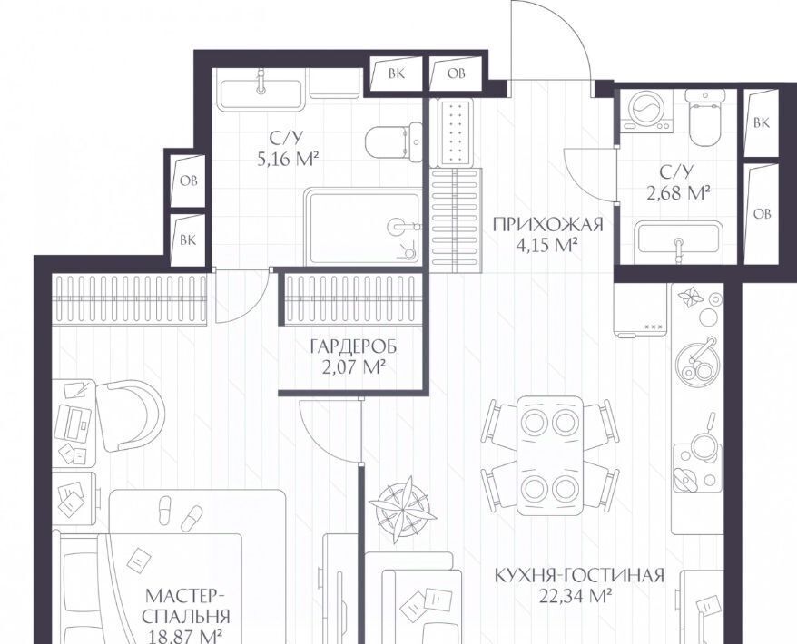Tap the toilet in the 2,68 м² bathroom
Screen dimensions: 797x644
pyautogui.click(x=705, y=116)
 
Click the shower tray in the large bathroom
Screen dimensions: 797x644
pyautogui.click(x=362, y=226)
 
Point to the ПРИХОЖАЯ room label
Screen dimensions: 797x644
pyautogui.click(x=548, y=224)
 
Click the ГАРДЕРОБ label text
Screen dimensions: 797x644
pyautogui.click(x=353, y=346)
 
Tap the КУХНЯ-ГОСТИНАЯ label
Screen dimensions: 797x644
pyautogui.click(x=579, y=575)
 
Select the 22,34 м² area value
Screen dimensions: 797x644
pyautogui.click(x=575, y=595)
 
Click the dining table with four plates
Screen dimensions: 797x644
pyautogui.click(x=549, y=455)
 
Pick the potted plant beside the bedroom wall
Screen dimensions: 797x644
pyautogui.click(x=402, y=503)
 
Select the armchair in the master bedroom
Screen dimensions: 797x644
pyautogui.click(x=130, y=415)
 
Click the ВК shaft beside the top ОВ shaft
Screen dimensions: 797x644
pyautogui.click(x=397, y=73)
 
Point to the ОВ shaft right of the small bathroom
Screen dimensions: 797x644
pyautogui.click(x=762, y=213)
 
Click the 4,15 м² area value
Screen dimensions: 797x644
pyautogui.click(x=546, y=246)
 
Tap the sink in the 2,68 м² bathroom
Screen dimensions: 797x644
pyautogui.click(x=679, y=239)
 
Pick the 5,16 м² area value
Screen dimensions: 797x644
pyautogui.click(x=288, y=160)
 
